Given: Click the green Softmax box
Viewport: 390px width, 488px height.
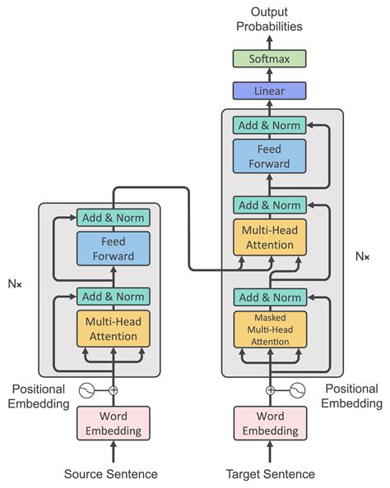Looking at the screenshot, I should (270, 58).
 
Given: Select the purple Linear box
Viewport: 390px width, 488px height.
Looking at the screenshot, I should (270, 90).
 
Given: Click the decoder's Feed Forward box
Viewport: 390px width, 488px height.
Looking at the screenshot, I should (270, 156).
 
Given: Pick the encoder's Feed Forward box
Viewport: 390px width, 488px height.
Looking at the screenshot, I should (114, 249).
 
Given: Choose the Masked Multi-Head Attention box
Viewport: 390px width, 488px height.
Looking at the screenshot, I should (270, 329).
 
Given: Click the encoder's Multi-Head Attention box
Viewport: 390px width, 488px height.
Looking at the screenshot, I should (114, 328).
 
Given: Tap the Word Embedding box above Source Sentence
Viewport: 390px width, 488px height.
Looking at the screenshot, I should (114, 423).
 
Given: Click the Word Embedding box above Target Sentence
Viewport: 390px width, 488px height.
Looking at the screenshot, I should (270, 423).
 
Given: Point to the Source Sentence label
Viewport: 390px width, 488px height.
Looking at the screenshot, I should (111, 474).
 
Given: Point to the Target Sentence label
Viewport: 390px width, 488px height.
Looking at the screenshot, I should (270, 474).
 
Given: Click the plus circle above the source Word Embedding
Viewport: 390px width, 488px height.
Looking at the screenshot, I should (114, 390).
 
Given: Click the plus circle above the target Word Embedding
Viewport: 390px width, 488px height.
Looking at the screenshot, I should (270, 390).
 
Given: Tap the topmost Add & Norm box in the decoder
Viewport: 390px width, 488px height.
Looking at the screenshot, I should (270, 126).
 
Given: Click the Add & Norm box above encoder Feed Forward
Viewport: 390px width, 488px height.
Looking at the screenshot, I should (114, 219).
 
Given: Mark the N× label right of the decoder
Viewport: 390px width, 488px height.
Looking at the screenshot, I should (362, 256).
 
